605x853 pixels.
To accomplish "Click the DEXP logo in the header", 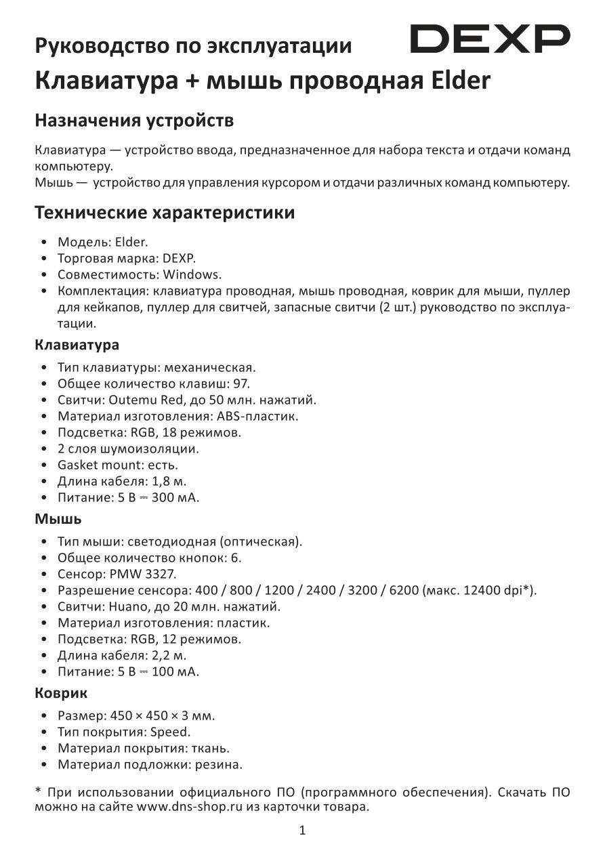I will pos(491,39).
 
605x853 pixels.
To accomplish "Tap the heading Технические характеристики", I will pos(165,213).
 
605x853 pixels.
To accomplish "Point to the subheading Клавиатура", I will pos(77,345).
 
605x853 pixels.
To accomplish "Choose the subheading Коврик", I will pos(61,694).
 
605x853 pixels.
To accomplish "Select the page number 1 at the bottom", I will pos(302,830).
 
